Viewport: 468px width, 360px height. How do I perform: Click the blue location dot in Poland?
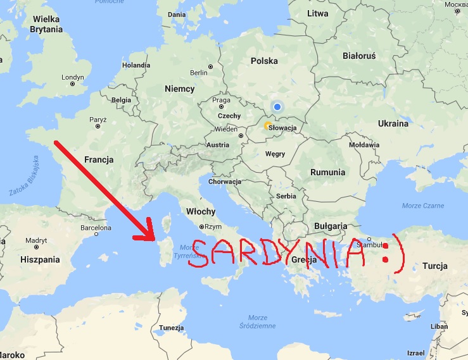(x=277, y=106)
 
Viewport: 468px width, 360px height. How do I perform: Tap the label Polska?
(x=264, y=61)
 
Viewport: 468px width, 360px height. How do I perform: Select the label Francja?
(x=98, y=160)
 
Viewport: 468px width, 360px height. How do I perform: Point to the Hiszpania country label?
(x=39, y=259)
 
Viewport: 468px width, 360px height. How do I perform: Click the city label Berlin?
(x=198, y=73)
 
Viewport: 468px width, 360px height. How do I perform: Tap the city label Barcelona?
(x=96, y=228)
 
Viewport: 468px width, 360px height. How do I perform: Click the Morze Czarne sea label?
(x=422, y=206)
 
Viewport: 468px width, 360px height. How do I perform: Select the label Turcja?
(x=434, y=266)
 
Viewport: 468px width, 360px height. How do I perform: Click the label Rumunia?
(x=327, y=172)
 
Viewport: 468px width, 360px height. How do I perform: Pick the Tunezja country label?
(x=171, y=328)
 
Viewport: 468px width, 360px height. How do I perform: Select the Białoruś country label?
(x=359, y=56)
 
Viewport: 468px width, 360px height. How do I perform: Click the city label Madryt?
(x=37, y=240)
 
